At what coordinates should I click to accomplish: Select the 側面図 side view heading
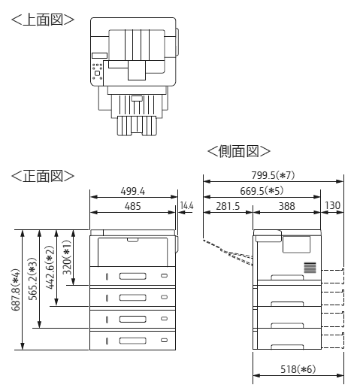[239, 151]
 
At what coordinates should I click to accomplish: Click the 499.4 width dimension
[133, 192]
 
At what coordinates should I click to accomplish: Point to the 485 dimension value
[133, 207]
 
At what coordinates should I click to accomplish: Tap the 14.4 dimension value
[187, 206]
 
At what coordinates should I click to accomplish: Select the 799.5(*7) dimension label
[273, 175]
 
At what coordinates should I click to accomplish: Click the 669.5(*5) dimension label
[262, 191]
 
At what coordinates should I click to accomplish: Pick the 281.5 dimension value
[228, 206]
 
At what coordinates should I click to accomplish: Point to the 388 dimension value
[287, 206]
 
